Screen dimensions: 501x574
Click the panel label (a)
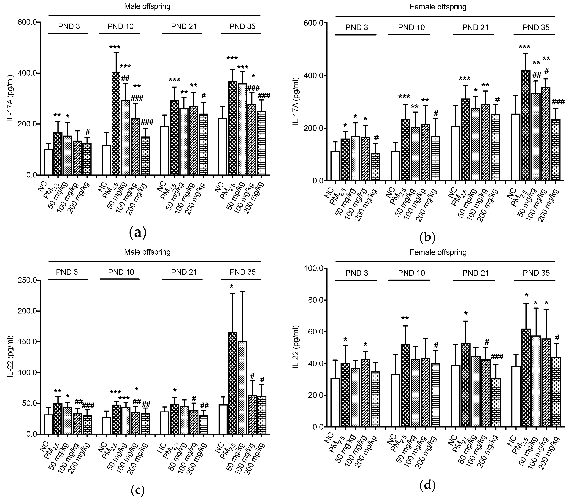[x=138, y=232]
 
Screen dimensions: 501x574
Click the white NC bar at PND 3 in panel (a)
[x=48, y=162]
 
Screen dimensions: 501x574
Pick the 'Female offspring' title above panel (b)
[x=438, y=7]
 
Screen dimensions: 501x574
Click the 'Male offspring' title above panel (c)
[x=147, y=252]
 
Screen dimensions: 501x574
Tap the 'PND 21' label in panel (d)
[x=475, y=273]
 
